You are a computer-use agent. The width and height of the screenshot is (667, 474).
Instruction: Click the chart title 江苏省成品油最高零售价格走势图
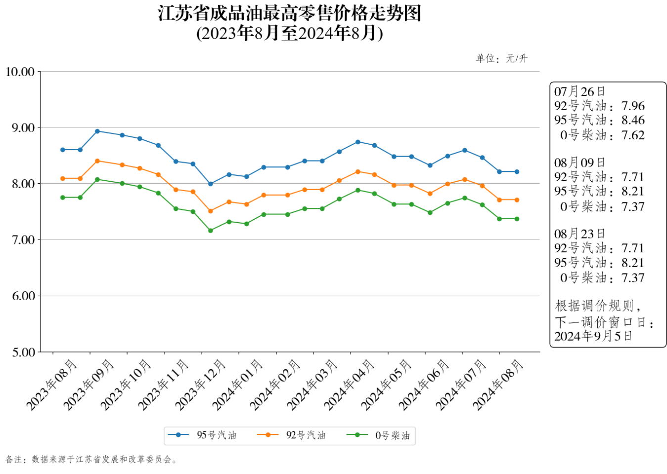[x=289, y=13]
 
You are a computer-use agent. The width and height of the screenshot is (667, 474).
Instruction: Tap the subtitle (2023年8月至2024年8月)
[x=289, y=33]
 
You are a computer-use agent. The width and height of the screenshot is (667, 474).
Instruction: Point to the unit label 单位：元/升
[x=502, y=59]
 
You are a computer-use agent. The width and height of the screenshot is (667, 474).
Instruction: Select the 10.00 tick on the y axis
[x=20, y=72]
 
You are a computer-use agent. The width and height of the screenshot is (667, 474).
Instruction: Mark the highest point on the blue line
[x=97, y=131]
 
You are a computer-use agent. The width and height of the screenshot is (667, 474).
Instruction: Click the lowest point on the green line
[x=211, y=231]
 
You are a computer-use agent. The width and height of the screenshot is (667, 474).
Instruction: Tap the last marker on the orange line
[x=517, y=200]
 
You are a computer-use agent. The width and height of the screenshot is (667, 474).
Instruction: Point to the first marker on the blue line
[x=63, y=150]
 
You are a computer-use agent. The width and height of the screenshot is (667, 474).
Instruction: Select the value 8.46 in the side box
[x=633, y=120]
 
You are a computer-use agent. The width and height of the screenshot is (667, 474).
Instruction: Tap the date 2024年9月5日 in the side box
[x=593, y=336]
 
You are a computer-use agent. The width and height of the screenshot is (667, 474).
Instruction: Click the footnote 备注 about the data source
[x=91, y=460]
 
